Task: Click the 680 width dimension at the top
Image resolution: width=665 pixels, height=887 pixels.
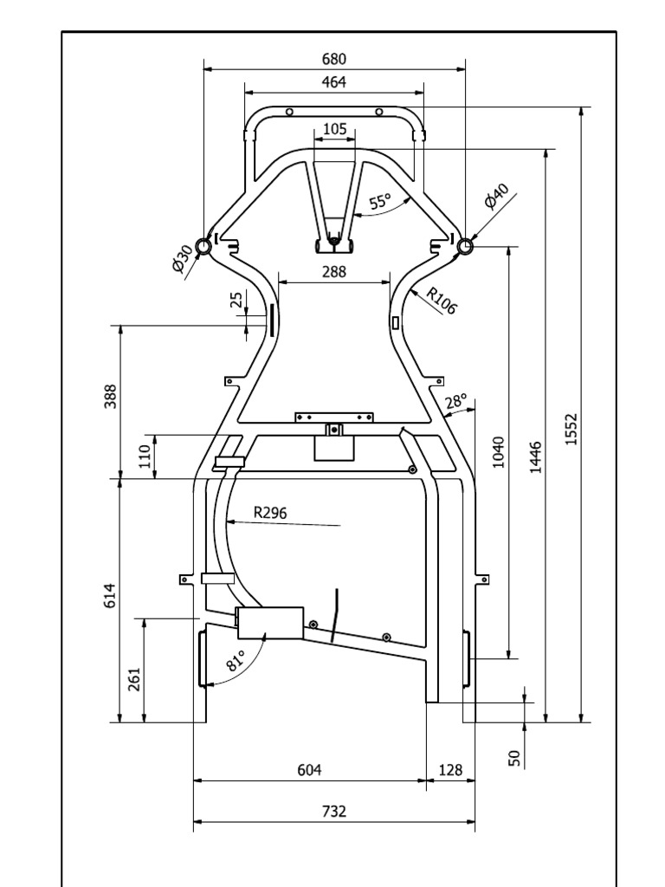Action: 334,59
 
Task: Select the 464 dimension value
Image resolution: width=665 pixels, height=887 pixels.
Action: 334,82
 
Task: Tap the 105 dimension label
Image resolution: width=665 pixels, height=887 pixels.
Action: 334,129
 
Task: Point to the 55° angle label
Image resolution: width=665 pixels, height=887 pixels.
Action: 380,202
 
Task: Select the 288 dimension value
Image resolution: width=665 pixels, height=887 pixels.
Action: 334,271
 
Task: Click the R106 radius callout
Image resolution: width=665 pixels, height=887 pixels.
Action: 441,300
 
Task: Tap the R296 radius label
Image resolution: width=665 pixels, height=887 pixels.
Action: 270,512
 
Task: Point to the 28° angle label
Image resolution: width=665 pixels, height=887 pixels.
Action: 455,401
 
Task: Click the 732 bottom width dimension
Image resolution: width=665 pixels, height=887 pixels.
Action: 334,812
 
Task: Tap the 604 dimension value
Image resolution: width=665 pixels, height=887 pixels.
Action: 310,769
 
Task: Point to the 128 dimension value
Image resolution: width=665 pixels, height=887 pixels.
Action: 451,769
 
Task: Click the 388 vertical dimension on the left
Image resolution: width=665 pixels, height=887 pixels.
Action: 111,396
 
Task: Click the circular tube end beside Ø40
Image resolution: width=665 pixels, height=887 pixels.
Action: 465,247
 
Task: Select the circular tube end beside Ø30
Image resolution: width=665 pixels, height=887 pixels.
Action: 203,248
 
